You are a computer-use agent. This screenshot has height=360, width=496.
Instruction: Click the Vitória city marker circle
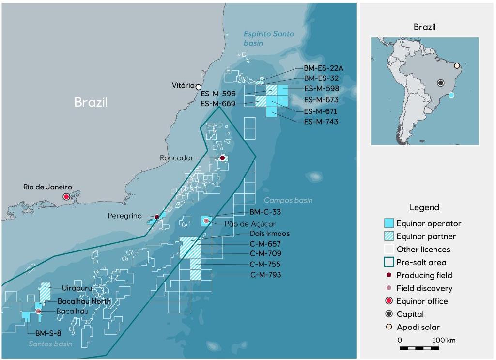point(199,87)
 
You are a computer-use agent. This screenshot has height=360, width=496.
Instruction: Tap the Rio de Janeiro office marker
point(66,196)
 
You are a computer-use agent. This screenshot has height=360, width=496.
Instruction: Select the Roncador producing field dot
point(222,158)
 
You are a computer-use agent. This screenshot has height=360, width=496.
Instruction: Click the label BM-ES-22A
point(324,68)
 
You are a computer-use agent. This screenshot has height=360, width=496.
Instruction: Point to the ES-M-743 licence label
point(321,122)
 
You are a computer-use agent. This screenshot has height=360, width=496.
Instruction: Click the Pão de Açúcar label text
point(250,224)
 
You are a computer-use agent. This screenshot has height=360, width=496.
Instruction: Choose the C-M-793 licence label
point(265,275)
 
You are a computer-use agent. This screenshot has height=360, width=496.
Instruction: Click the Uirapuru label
point(76,288)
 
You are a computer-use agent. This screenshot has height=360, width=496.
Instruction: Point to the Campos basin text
point(288,200)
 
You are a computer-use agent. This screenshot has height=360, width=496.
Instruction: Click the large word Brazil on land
point(91,102)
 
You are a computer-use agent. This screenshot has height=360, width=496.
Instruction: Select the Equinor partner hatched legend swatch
point(388,236)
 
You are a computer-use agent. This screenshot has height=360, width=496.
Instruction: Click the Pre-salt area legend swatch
point(388,262)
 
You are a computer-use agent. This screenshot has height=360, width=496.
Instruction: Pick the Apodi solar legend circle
point(388,327)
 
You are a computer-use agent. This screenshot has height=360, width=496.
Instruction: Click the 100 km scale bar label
point(444,340)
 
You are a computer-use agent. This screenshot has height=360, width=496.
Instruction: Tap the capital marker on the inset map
point(441,83)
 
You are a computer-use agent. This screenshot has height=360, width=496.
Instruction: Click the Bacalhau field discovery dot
point(38,311)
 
